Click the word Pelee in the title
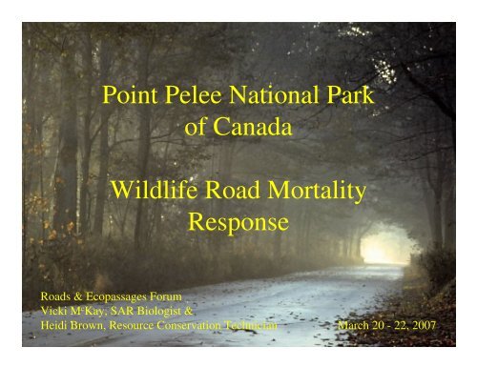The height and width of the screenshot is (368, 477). pyautogui.click(x=193, y=94)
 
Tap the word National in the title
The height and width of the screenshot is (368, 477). pyautogui.click(x=274, y=94)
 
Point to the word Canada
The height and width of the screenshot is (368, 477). pyautogui.click(x=253, y=127)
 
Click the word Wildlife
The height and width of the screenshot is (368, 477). pyautogui.click(x=154, y=190)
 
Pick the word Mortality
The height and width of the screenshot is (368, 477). pyautogui.click(x=317, y=191)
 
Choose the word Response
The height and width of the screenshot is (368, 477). pyautogui.click(x=238, y=223)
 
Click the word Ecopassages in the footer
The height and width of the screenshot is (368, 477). pyautogui.click(x=116, y=297)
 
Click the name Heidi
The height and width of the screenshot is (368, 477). pyautogui.click(x=53, y=325)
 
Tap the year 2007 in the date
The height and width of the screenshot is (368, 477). pyautogui.click(x=424, y=325)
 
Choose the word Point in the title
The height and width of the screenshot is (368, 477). pyautogui.click(x=130, y=94)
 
